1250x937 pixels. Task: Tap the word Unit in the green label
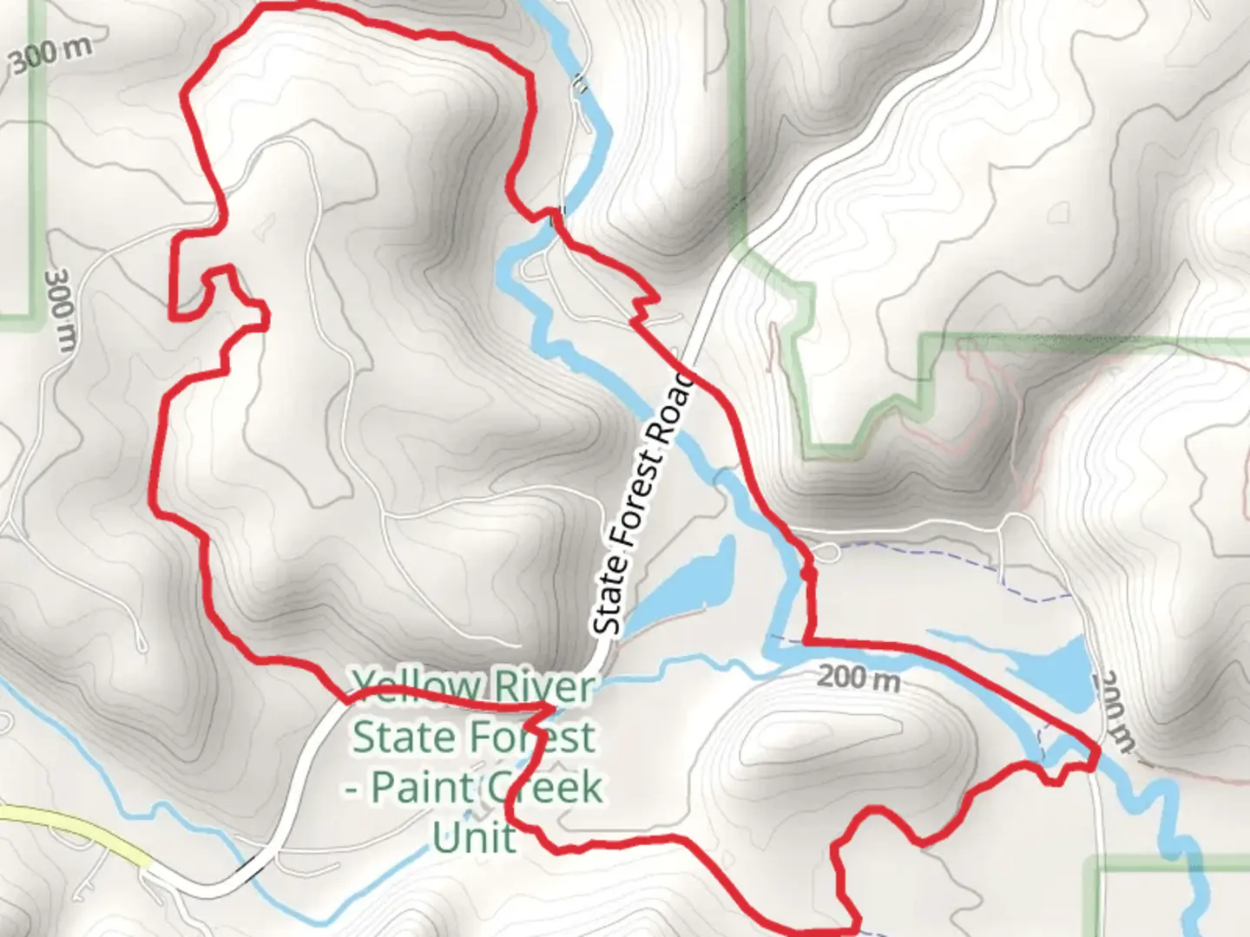474,838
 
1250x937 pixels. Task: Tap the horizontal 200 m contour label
859,677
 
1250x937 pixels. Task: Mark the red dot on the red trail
809,573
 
